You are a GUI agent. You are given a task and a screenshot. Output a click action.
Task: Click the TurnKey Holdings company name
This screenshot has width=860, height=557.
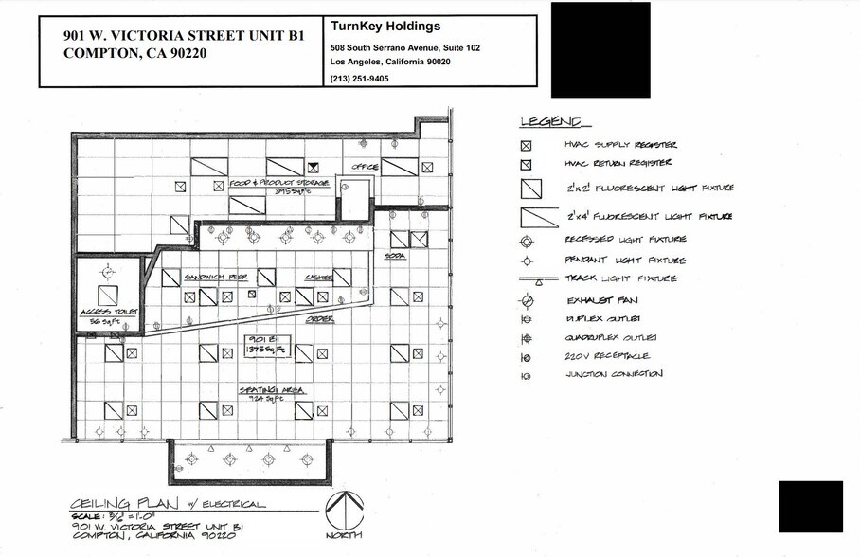[x=385, y=27]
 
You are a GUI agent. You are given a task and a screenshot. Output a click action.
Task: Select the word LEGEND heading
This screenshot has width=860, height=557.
[x=554, y=123]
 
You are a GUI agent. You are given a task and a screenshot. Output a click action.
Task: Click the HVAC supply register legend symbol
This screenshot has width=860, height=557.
[x=527, y=146]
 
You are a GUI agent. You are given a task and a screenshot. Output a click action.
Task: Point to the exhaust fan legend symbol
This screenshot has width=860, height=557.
[x=526, y=301]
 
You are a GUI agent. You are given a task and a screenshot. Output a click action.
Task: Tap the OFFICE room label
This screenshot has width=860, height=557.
[x=365, y=168]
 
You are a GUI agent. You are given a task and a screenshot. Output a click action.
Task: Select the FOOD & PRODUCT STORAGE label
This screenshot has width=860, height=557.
[x=278, y=183]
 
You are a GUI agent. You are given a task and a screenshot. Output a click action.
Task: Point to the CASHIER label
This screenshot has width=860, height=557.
[x=317, y=278]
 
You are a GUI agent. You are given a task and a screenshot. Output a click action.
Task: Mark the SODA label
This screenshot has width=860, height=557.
[x=395, y=257]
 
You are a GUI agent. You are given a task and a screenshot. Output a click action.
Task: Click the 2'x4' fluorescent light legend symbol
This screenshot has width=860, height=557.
[x=540, y=216]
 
